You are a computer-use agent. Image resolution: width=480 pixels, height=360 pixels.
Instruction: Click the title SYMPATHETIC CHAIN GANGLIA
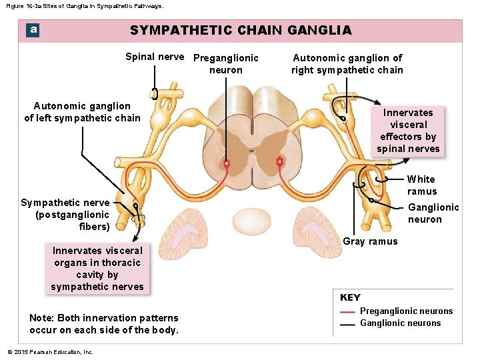(241, 30)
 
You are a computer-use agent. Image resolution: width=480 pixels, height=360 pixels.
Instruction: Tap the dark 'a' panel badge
(33, 30)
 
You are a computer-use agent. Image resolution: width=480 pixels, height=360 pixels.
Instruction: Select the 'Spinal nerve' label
(155, 57)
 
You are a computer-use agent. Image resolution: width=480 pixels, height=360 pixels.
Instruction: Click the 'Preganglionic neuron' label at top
(225, 64)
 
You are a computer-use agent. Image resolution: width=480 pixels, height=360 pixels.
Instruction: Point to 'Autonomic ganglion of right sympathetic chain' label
(347, 64)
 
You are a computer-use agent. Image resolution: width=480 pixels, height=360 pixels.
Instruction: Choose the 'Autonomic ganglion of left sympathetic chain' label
(82, 112)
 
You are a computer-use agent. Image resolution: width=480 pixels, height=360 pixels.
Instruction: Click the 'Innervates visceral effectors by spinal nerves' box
(408, 131)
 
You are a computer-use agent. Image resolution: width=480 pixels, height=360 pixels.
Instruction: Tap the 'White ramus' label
(421, 185)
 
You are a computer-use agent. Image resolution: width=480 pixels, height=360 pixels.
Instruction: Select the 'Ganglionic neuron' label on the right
(433, 213)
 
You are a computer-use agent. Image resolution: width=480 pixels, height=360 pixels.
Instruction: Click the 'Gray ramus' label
(370, 241)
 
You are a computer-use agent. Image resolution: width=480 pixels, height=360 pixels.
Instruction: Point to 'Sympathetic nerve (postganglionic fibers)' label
(65, 215)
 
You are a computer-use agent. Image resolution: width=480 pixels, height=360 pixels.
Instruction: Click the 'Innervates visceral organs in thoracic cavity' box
(97, 269)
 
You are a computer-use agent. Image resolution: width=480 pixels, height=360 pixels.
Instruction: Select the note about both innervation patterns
(104, 324)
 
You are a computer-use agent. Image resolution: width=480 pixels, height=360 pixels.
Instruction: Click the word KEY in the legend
(350, 297)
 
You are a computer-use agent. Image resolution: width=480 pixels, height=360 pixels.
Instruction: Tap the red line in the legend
(347, 311)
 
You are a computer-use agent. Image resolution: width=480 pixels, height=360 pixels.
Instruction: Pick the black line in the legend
(347, 324)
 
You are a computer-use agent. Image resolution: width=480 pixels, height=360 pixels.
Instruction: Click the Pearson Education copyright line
(50, 352)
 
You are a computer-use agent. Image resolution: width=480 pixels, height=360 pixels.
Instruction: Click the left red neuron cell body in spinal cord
(227, 163)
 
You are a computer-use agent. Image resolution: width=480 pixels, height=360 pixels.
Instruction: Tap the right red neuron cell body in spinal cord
(280, 161)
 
